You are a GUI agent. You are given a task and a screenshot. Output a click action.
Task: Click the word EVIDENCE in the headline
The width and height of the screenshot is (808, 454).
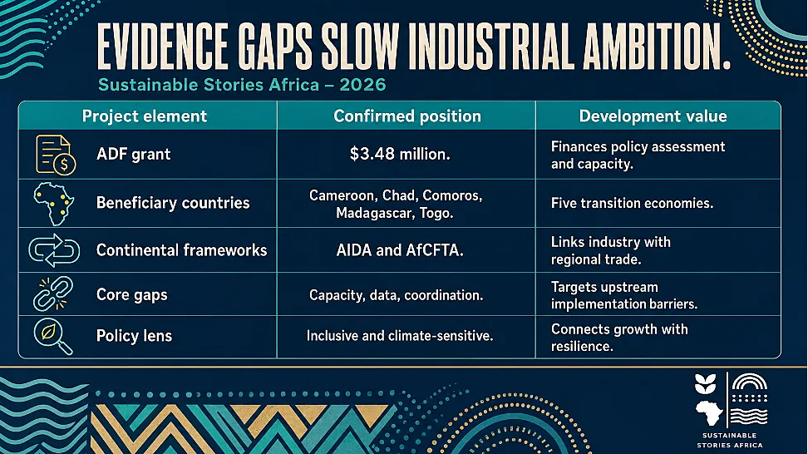pyautogui.click(x=162, y=46)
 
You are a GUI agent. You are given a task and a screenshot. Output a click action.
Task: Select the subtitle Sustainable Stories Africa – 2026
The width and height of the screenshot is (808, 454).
pyautogui.click(x=242, y=85)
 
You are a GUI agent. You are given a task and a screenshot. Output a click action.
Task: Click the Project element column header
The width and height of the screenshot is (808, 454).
pyautogui.click(x=145, y=116)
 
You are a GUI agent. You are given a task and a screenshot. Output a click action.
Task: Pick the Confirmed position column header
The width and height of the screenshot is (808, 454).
pyautogui.click(x=407, y=116)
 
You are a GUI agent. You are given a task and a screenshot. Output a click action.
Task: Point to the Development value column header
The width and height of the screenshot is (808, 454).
pyautogui.click(x=653, y=116)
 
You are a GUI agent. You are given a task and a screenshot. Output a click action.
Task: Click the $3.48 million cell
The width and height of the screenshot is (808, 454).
pyautogui.click(x=400, y=154)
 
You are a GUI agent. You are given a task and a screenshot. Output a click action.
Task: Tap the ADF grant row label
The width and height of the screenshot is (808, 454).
pyautogui.click(x=134, y=154)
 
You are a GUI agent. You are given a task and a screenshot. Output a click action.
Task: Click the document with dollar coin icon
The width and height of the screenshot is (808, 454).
pyautogui.click(x=56, y=155)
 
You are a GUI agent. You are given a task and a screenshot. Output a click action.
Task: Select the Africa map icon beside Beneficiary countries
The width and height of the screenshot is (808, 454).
pyautogui.click(x=53, y=204)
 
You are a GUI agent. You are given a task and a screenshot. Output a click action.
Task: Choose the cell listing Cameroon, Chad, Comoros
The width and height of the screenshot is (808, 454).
pyautogui.click(x=395, y=204)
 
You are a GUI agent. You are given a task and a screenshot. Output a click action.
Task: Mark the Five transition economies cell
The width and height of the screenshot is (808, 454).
pyautogui.click(x=632, y=203)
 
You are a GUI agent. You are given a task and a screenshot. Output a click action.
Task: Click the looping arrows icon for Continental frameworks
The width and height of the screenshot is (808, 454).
pyautogui.click(x=54, y=250)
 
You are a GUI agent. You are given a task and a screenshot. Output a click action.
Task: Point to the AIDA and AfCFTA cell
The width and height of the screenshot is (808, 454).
pyautogui.click(x=400, y=250)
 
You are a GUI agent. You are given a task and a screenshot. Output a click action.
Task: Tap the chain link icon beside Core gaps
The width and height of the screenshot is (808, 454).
pyautogui.click(x=53, y=294)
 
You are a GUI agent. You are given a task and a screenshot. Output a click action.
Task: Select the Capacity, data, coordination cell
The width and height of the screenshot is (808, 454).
pyautogui.click(x=396, y=295)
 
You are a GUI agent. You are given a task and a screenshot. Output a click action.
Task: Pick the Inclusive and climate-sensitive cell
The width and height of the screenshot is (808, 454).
pyautogui.click(x=400, y=336)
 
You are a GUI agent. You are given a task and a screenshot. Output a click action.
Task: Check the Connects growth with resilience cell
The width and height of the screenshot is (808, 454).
pyautogui.click(x=619, y=338)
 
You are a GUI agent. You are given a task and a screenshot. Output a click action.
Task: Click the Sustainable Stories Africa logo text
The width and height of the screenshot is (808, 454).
pyautogui.click(x=730, y=441)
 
